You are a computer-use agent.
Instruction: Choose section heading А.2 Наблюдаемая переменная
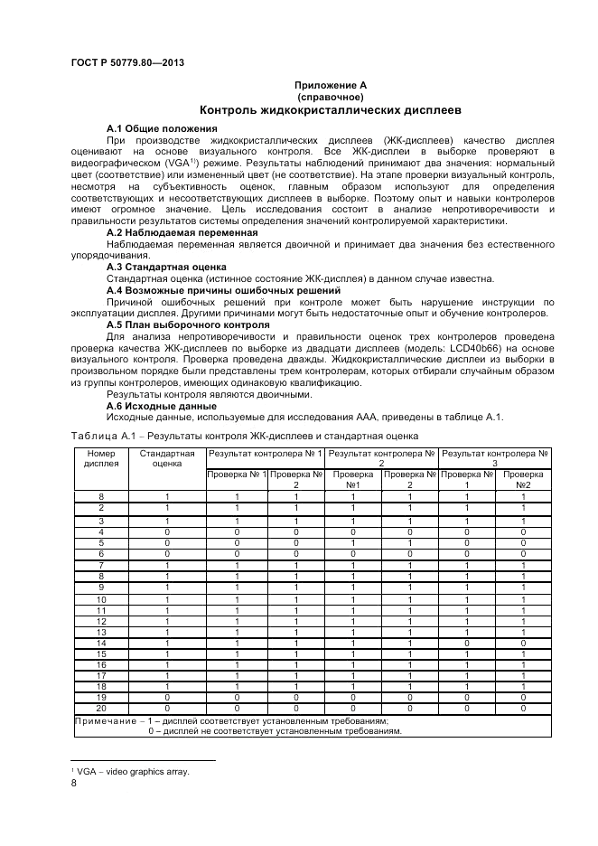click(x=182, y=232)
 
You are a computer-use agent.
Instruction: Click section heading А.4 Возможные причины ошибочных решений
click(x=223, y=290)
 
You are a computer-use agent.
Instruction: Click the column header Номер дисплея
click(x=100, y=458)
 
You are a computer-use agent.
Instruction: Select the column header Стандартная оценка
click(x=167, y=458)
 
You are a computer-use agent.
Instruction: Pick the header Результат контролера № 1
click(x=266, y=452)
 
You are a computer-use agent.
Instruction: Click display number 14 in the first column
click(x=100, y=642)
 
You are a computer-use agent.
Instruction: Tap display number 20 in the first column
click(x=100, y=708)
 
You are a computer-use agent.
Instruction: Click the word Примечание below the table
click(x=105, y=720)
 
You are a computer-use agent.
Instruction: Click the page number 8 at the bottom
click(x=73, y=784)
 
